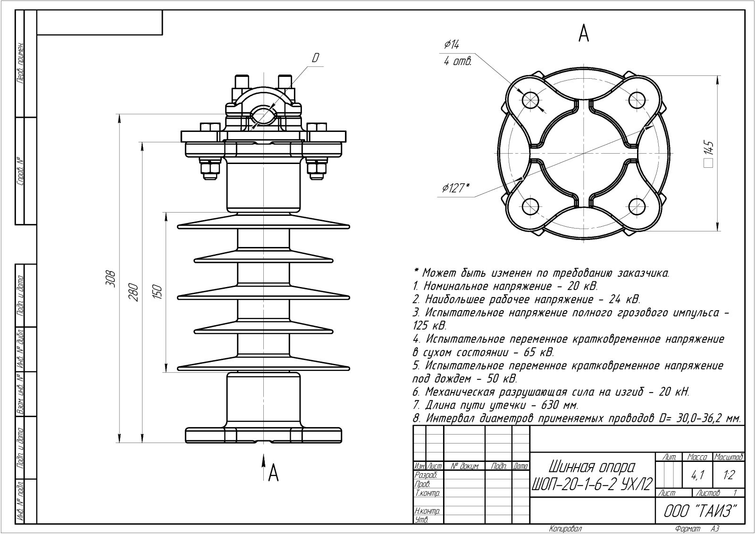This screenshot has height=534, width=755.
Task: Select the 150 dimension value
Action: [x=158, y=292]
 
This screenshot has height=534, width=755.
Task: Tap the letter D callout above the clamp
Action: [x=316, y=58]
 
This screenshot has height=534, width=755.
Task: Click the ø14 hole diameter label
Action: [x=452, y=44]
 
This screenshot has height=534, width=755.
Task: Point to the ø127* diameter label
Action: [x=456, y=189]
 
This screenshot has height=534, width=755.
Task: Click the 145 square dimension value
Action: [x=708, y=152]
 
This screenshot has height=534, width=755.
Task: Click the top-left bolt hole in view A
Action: [x=531, y=99]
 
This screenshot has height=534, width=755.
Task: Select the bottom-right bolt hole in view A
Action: [x=637, y=206]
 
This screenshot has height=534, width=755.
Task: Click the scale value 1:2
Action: [x=729, y=475]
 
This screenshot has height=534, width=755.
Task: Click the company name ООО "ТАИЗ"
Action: [x=700, y=511]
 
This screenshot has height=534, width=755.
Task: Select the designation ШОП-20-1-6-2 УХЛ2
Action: [x=592, y=484]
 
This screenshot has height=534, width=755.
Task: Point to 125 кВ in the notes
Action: [x=429, y=326]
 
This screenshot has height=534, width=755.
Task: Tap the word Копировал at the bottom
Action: [x=565, y=529]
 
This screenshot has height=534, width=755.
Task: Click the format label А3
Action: [x=715, y=529]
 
